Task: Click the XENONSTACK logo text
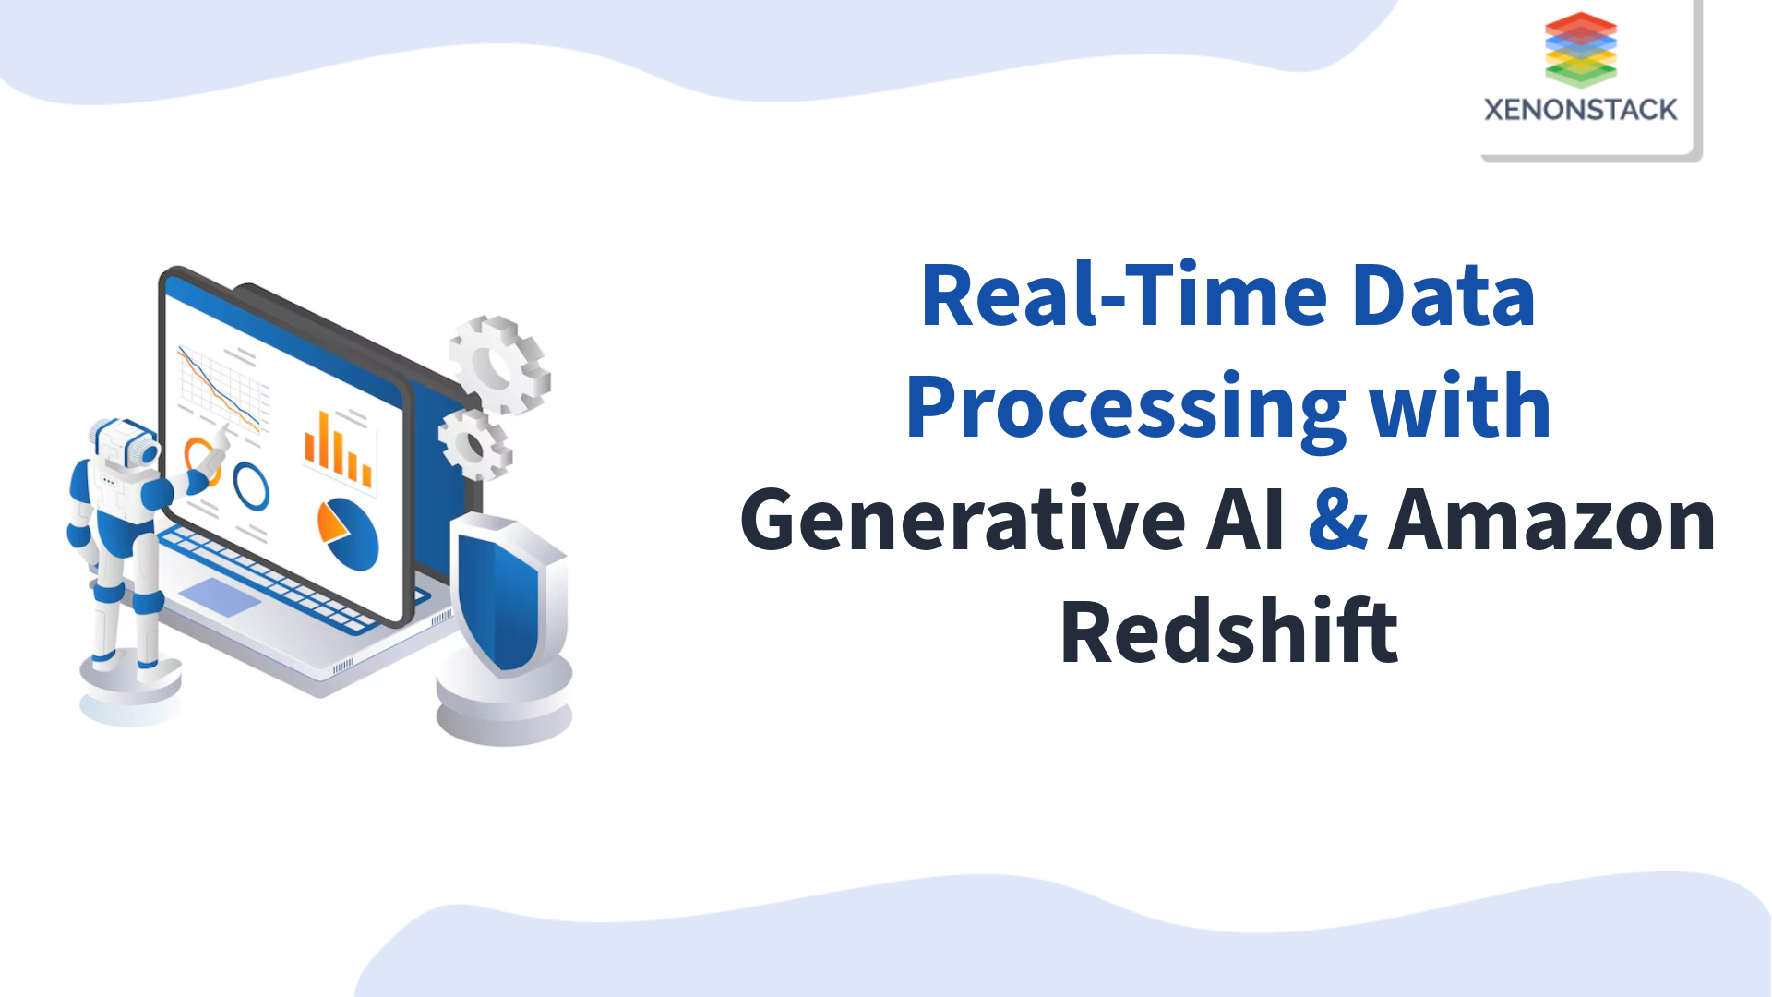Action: (1580, 110)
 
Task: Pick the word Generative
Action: (963, 521)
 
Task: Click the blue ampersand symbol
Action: (1337, 519)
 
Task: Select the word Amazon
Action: (1551, 521)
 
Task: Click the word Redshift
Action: (1229, 632)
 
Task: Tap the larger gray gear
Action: (499, 364)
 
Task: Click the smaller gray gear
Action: (474, 444)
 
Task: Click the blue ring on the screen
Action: (251, 486)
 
